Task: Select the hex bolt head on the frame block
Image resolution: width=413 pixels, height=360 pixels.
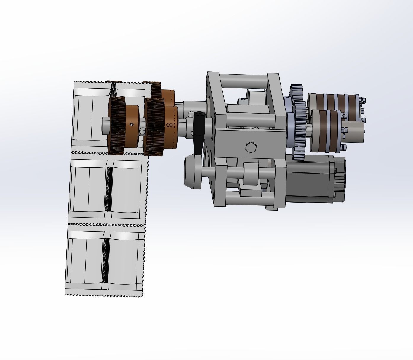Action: pos(251,147)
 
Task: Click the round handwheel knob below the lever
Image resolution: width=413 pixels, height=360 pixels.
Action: pos(192,173)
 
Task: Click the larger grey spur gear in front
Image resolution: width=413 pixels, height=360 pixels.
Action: pos(300,130)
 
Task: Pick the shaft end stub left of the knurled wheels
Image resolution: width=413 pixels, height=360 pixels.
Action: pos(105,123)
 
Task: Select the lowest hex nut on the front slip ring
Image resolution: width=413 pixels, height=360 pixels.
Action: pos(344,147)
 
